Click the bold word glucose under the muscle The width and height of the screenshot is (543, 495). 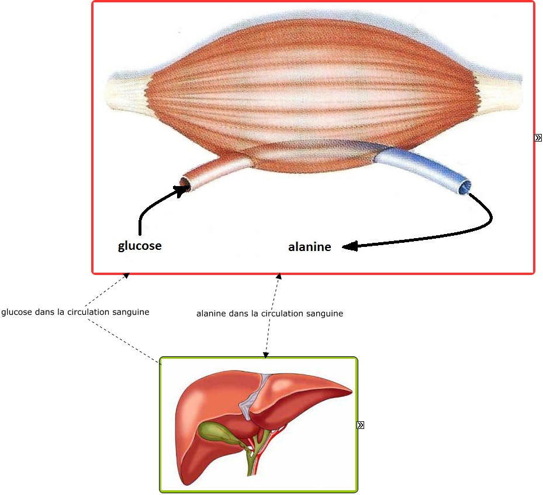coord(140,246)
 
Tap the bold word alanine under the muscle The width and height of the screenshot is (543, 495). coord(309,247)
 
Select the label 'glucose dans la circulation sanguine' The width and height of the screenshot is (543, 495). coord(75,312)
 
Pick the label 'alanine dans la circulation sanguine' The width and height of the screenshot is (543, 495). coord(269,314)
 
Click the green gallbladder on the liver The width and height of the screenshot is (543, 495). coord(217,434)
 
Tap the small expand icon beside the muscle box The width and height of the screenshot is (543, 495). coord(538,138)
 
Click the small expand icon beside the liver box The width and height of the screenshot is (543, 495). coord(360,425)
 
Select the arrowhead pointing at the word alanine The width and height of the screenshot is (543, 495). coord(349,247)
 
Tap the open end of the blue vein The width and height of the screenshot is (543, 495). coord(465,187)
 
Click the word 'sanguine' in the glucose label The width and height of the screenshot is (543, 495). coord(132,312)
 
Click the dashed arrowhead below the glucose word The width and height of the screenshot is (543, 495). coord(126,276)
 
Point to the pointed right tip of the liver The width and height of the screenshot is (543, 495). coord(351,389)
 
